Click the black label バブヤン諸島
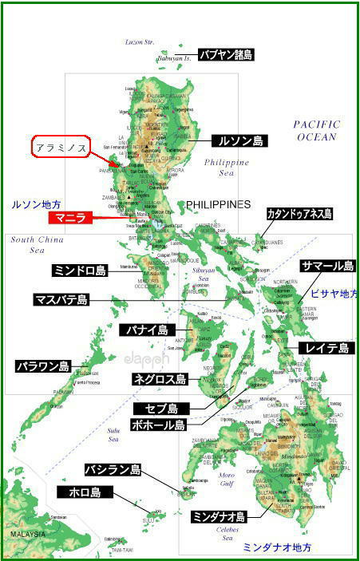(226, 55)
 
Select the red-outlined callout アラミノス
(59, 148)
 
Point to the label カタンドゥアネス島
(300, 214)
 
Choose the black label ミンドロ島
(80, 271)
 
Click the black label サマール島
(327, 266)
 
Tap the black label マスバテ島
(61, 300)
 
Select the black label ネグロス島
(160, 380)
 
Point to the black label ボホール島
(158, 425)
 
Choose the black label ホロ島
(85, 492)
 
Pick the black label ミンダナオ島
(218, 517)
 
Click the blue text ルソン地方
(37, 205)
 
